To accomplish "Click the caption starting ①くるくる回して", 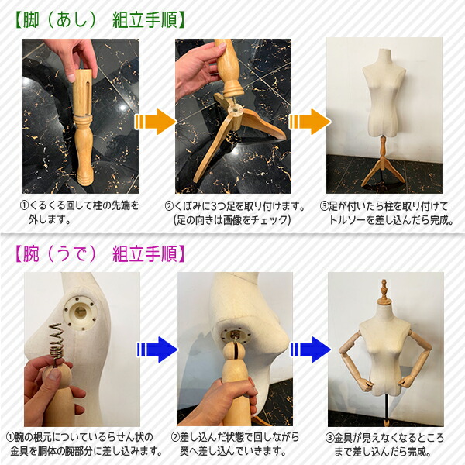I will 80,212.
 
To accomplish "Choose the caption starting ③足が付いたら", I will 384,212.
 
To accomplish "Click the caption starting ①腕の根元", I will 83,444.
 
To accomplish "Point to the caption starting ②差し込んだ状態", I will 235,444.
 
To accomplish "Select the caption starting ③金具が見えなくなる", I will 385,444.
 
